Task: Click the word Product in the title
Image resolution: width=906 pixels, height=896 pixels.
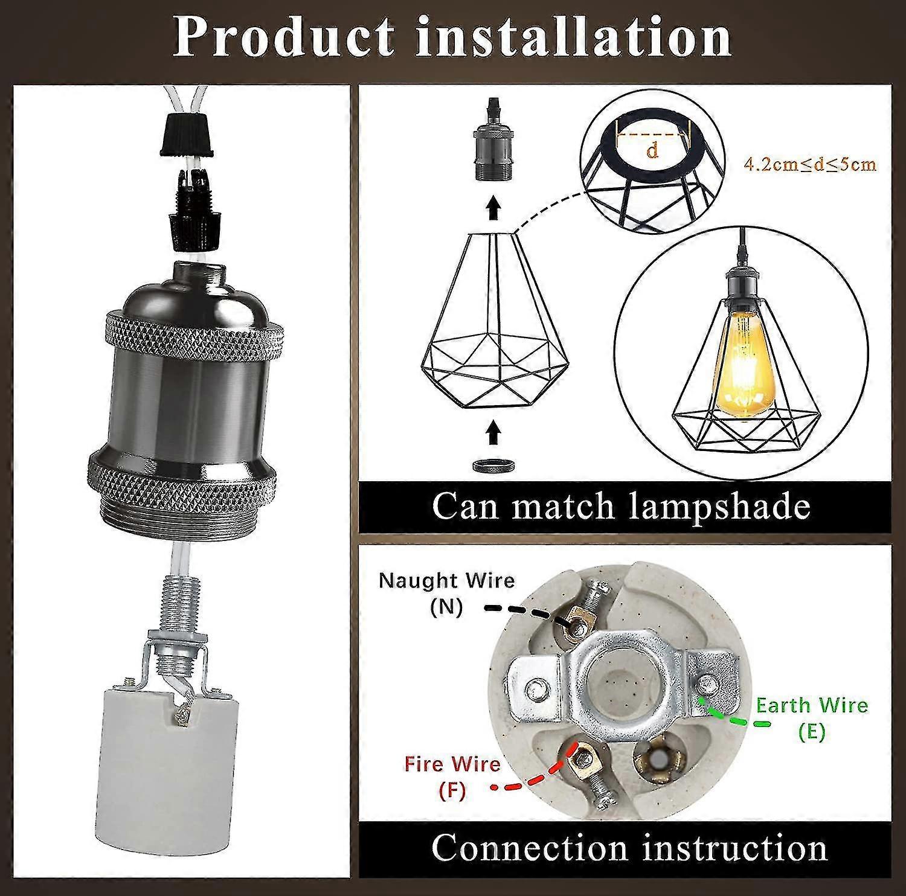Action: [284, 37]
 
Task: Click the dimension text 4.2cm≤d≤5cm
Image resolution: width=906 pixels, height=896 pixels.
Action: [810, 164]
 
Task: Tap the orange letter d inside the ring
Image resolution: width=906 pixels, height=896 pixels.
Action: [652, 151]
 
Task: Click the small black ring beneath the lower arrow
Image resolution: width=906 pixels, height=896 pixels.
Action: [493, 465]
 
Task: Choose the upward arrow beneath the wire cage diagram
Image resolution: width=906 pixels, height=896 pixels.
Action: [493, 432]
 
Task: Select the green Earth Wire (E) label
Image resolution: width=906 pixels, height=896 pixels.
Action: [812, 717]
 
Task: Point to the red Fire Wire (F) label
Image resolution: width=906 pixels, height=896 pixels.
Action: [452, 776]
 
